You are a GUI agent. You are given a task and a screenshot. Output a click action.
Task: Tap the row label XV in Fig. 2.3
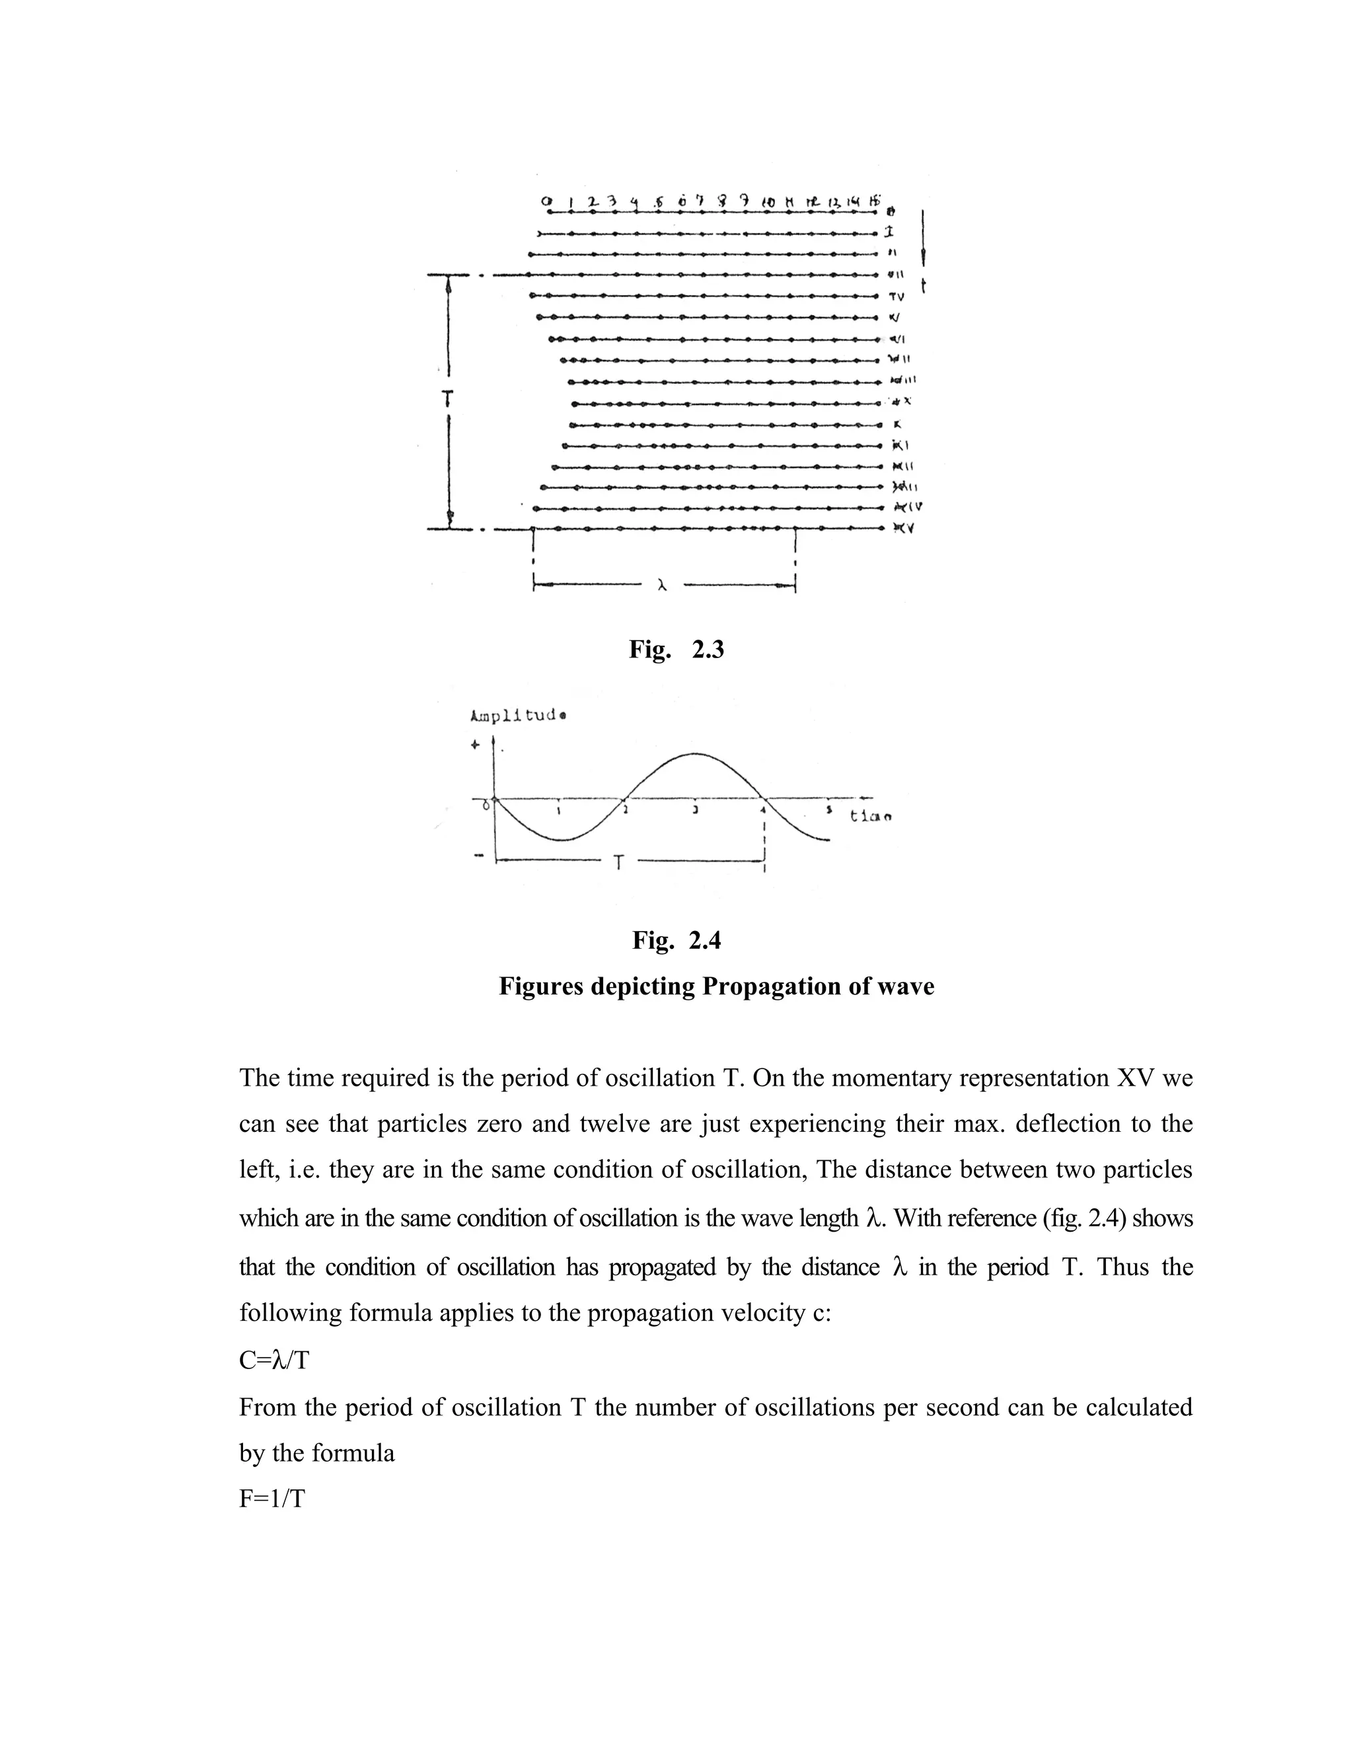pos(905,529)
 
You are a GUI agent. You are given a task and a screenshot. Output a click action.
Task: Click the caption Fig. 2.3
pos(676,650)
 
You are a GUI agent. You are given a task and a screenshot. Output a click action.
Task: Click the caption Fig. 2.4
pos(676,940)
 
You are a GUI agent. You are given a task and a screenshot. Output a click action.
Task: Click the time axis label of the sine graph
pos(871,816)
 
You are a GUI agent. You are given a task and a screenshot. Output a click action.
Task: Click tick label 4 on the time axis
pos(762,811)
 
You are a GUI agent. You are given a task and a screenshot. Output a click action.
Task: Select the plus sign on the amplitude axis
pos(475,744)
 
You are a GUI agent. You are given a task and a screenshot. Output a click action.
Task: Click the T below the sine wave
pos(618,864)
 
